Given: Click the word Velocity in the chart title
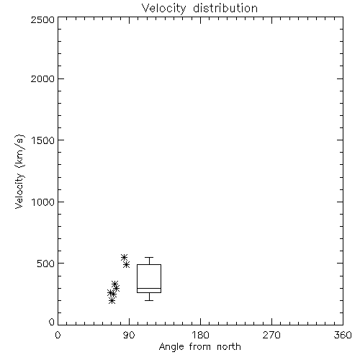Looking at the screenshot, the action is tap(163, 9).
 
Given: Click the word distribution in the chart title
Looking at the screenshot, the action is tap(225, 8).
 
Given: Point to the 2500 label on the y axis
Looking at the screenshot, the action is tap(42, 20).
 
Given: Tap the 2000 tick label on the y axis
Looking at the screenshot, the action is tap(42, 79).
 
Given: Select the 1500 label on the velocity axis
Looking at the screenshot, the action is tap(43, 140).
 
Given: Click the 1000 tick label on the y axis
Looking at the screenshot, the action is tap(43, 202).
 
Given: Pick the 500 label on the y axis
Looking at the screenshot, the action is tap(46, 264).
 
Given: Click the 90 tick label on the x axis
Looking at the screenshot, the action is tap(129, 335).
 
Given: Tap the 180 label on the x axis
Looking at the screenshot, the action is tap(200, 335).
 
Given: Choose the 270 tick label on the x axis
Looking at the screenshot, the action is tap(271, 335).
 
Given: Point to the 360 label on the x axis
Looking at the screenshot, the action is tap(343, 335).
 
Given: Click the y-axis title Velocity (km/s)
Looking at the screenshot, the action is tap(19, 171).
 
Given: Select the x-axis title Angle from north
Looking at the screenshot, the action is tap(200, 347).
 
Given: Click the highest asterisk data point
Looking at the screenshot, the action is tap(124, 257).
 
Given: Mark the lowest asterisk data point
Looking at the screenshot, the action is tap(112, 300).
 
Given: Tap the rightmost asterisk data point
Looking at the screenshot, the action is tap(127, 265).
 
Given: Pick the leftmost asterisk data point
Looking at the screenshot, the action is tap(110, 293).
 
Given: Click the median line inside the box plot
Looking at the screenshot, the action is tap(149, 288).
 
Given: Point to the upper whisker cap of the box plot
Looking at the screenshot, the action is tap(149, 257).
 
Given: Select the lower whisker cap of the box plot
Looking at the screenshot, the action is tap(149, 300).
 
